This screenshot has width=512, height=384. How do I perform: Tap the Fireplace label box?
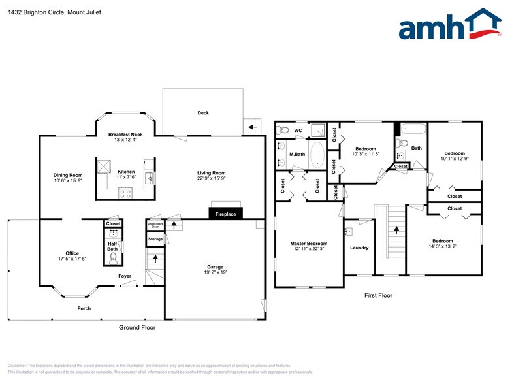click(x=226, y=214)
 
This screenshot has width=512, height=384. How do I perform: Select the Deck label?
click(x=203, y=113)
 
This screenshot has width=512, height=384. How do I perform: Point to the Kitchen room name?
click(x=125, y=172)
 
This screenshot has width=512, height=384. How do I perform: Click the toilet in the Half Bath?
click(x=113, y=259)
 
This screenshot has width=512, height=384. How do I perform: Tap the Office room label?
click(x=72, y=253)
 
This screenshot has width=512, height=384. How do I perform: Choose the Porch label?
click(x=84, y=308)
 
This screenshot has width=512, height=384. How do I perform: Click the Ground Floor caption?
click(x=136, y=327)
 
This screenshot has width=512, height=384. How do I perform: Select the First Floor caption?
click(x=378, y=295)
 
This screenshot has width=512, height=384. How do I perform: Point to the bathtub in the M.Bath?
click(x=317, y=156)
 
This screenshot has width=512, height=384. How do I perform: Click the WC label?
click(x=298, y=130)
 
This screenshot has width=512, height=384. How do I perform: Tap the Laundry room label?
click(x=359, y=248)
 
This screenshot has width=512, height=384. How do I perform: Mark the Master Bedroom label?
click(x=309, y=243)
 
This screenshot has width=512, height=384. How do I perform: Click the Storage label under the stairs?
click(x=155, y=239)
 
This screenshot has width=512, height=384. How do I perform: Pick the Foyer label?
click(x=125, y=276)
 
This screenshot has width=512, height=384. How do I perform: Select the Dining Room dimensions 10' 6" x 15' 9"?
click(x=68, y=180)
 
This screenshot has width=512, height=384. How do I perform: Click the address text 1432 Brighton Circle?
click(x=37, y=10)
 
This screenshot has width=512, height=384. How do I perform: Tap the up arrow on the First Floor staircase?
click(x=395, y=231)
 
